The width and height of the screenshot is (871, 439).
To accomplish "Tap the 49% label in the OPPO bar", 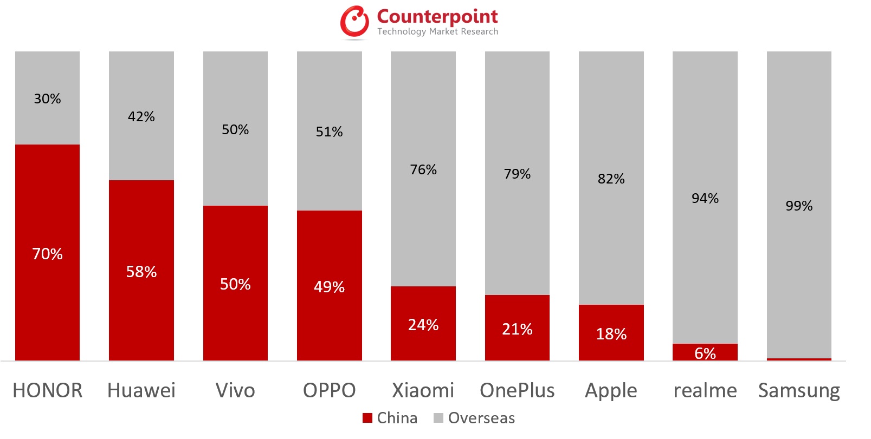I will (x=329, y=287).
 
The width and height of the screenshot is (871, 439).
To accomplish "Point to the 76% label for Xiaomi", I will (x=423, y=170).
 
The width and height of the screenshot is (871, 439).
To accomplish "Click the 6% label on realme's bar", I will (x=705, y=353).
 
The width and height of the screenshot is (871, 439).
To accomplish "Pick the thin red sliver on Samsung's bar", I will (x=799, y=359).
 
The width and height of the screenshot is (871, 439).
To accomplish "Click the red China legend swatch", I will (x=367, y=418).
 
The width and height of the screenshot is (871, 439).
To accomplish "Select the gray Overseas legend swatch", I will (x=438, y=418).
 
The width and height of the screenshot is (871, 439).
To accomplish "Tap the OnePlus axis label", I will (x=517, y=390).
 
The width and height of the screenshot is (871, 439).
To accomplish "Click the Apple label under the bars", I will (x=611, y=391).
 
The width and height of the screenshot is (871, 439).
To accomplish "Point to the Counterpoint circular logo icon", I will (x=354, y=22).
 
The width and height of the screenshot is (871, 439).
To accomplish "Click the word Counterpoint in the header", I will (x=437, y=16).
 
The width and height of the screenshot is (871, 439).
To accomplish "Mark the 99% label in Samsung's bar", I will (x=799, y=206).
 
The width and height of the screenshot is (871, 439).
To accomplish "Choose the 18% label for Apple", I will (x=611, y=334).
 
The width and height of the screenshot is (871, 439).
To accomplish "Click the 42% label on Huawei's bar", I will (x=141, y=117).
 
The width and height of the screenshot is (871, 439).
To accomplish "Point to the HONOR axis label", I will (x=48, y=390).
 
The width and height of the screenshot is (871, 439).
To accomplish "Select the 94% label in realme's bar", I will (x=705, y=199).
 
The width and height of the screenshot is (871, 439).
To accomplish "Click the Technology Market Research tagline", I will (x=437, y=31).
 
